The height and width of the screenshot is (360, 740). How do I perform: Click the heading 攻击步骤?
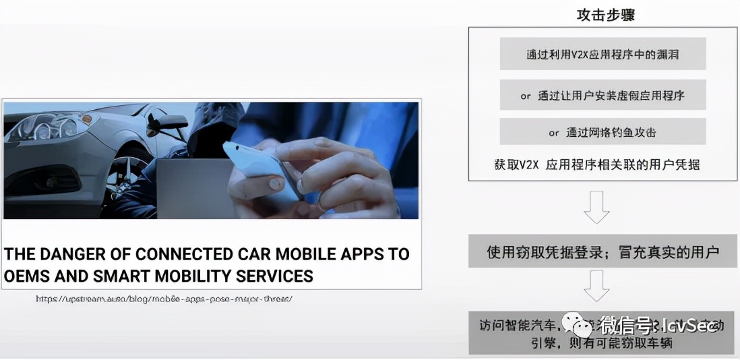(605, 15)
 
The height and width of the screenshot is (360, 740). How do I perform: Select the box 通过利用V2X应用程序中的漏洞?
(603, 55)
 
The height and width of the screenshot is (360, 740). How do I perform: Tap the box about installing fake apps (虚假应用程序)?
(603, 96)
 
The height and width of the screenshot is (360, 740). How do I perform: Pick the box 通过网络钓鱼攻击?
(603, 133)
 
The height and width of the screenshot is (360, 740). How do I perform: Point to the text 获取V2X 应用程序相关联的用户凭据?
(596, 165)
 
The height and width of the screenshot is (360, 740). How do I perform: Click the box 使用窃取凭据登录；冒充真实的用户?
(603, 252)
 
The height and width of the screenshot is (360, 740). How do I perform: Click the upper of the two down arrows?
(596, 207)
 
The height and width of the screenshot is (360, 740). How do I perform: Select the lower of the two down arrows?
(596, 285)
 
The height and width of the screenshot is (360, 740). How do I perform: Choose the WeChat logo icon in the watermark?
(580, 326)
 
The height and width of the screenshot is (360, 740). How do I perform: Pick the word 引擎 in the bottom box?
(495, 342)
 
